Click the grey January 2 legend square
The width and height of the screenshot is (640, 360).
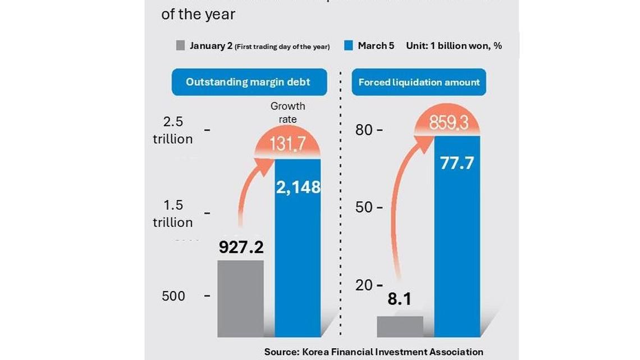click(x=180, y=46)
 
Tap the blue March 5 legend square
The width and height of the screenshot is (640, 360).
click(x=348, y=46)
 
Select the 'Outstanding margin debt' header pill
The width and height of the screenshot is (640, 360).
click(x=248, y=82)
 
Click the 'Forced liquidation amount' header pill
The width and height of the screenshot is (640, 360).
click(x=419, y=82)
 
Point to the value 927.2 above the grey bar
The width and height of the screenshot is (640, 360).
click(x=241, y=247)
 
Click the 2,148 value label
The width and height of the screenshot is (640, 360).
click(x=298, y=187)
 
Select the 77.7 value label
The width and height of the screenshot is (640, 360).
click(x=457, y=163)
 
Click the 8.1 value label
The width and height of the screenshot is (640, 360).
click(x=400, y=299)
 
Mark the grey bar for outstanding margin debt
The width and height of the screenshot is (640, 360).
click(x=241, y=298)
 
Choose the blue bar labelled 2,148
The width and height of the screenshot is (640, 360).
click(x=298, y=253)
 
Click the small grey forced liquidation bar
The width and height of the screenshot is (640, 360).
click(x=400, y=326)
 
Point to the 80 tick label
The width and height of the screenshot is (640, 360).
click(x=364, y=130)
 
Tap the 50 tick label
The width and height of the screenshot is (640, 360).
click(x=364, y=207)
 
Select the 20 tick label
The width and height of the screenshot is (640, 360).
click(x=364, y=285)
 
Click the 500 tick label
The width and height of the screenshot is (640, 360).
click(x=173, y=296)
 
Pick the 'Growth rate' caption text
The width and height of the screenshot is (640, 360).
click(x=288, y=112)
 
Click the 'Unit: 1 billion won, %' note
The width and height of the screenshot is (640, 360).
click(x=454, y=46)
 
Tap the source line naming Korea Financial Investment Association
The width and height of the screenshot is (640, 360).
click(x=373, y=352)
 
